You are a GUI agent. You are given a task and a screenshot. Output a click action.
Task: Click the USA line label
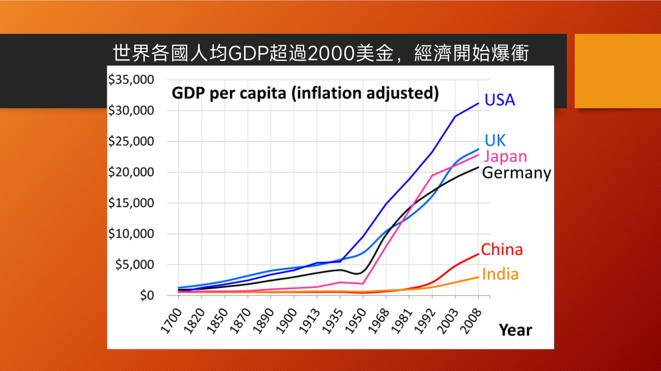(499, 100)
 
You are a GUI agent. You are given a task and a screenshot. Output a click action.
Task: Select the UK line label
(495, 140)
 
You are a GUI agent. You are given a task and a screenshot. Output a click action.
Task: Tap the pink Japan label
(505, 157)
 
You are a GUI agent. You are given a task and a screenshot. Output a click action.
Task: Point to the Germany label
(516, 173)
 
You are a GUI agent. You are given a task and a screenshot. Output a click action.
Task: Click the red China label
(501, 249)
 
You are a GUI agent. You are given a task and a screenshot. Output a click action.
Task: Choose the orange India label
(500, 274)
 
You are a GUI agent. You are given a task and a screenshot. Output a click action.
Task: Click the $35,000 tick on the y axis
(131, 80)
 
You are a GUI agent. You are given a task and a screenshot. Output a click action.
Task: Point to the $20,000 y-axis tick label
(131, 172)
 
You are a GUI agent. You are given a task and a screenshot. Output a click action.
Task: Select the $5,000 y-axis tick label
(134, 264)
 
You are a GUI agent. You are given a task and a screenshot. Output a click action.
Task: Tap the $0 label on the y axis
(147, 295)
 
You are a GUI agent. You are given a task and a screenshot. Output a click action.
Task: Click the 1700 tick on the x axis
(172, 321)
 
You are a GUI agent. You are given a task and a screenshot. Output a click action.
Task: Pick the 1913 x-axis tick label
(310, 321)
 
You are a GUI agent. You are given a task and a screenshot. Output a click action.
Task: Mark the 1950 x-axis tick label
(356, 321)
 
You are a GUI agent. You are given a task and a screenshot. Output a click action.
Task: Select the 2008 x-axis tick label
(471, 321)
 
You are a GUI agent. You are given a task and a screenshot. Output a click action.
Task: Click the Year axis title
(515, 330)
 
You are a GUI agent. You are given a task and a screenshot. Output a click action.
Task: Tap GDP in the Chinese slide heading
(248, 53)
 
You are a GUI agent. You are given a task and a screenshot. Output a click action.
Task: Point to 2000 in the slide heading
(331, 53)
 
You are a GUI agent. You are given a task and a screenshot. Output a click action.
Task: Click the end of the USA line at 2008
(478, 103)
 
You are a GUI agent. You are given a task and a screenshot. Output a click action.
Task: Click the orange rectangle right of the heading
(617, 71)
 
